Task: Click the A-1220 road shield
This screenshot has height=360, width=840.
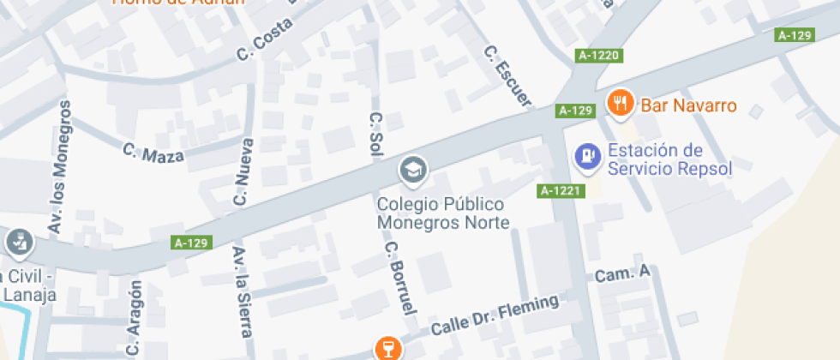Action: pyautogui.click(x=598, y=56)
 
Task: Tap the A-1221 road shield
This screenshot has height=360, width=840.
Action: pyautogui.click(x=561, y=190)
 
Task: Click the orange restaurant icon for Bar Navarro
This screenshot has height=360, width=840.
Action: pyautogui.click(x=619, y=104)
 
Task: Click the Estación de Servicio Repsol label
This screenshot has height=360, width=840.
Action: pyautogui.click(x=669, y=159)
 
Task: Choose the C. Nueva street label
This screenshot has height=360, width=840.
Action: pyautogui.click(x=244, y=172)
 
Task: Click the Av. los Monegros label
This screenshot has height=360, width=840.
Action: pyautogui.click(x=60, y=167)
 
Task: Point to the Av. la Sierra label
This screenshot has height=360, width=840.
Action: pyautogui.click(x=241, y=290)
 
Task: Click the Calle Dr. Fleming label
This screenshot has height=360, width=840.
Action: pyautogui.click(x=495, y=315)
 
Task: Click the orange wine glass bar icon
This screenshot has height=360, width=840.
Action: pyautogui.click(x=387, y=348)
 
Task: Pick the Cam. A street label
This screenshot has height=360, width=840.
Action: pyautogui.click(x=623, y=274)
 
